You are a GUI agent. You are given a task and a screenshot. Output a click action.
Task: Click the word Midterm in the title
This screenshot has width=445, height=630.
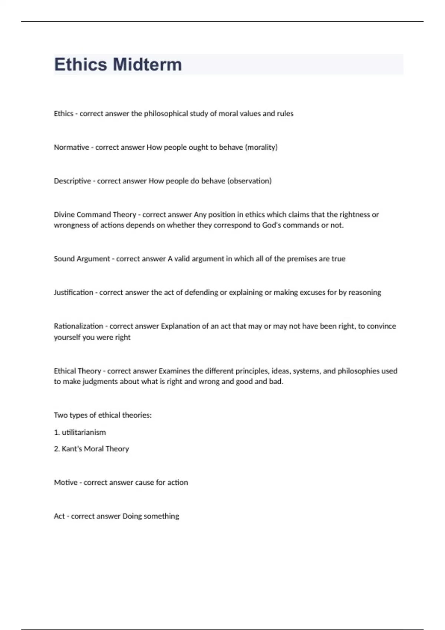tap(147, 64)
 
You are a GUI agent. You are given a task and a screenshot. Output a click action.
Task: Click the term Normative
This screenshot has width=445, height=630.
tap(71, 147)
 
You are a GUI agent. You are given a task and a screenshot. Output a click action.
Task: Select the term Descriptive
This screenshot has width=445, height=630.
tap(72, 181)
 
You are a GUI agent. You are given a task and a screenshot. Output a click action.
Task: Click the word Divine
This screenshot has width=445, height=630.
tap(64, 215)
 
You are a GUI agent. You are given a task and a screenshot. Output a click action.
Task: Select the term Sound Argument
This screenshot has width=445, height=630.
tap(82, 259)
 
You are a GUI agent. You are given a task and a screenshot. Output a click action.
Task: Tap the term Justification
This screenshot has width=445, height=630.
tap(73, 292)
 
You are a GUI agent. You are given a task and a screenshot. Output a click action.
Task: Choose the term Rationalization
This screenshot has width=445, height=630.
tap(78, 326)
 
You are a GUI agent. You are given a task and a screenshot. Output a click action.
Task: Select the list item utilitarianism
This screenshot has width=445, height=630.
tap(84, 432)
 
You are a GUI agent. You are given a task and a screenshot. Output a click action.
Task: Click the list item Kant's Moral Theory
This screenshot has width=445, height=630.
tap(95, 449)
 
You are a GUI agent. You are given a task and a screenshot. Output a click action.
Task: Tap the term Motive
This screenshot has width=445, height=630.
tap(66, 483)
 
